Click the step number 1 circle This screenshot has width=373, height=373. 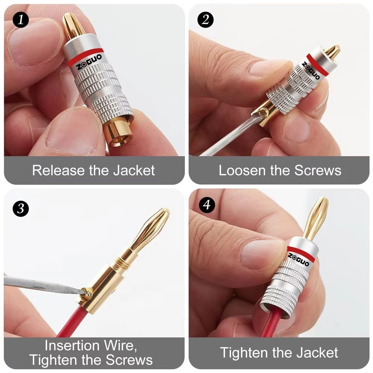tap(21, 19)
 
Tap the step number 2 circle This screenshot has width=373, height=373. tap(205, 19)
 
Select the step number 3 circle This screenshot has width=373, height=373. tap(21, 209)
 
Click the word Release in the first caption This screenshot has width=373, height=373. tap(58, 170)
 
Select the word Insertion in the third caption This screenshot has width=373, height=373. tap(72, 345)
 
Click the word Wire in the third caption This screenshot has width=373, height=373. tap(120, 346)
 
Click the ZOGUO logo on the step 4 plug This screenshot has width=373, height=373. tap(298, 260)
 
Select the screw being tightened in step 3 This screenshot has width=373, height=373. tap(87, 294)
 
